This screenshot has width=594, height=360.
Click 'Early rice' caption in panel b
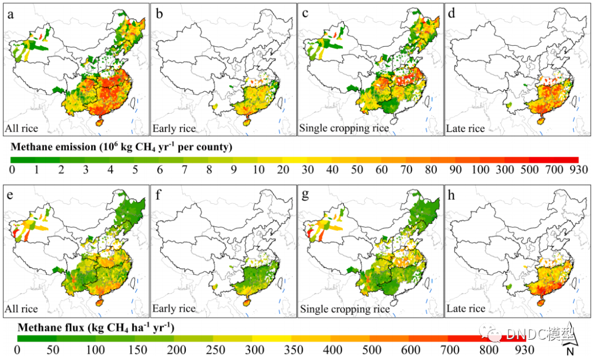[174, 129]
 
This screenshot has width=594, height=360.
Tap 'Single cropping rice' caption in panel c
[344, 129]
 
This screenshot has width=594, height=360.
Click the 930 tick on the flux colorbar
[525, 349]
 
